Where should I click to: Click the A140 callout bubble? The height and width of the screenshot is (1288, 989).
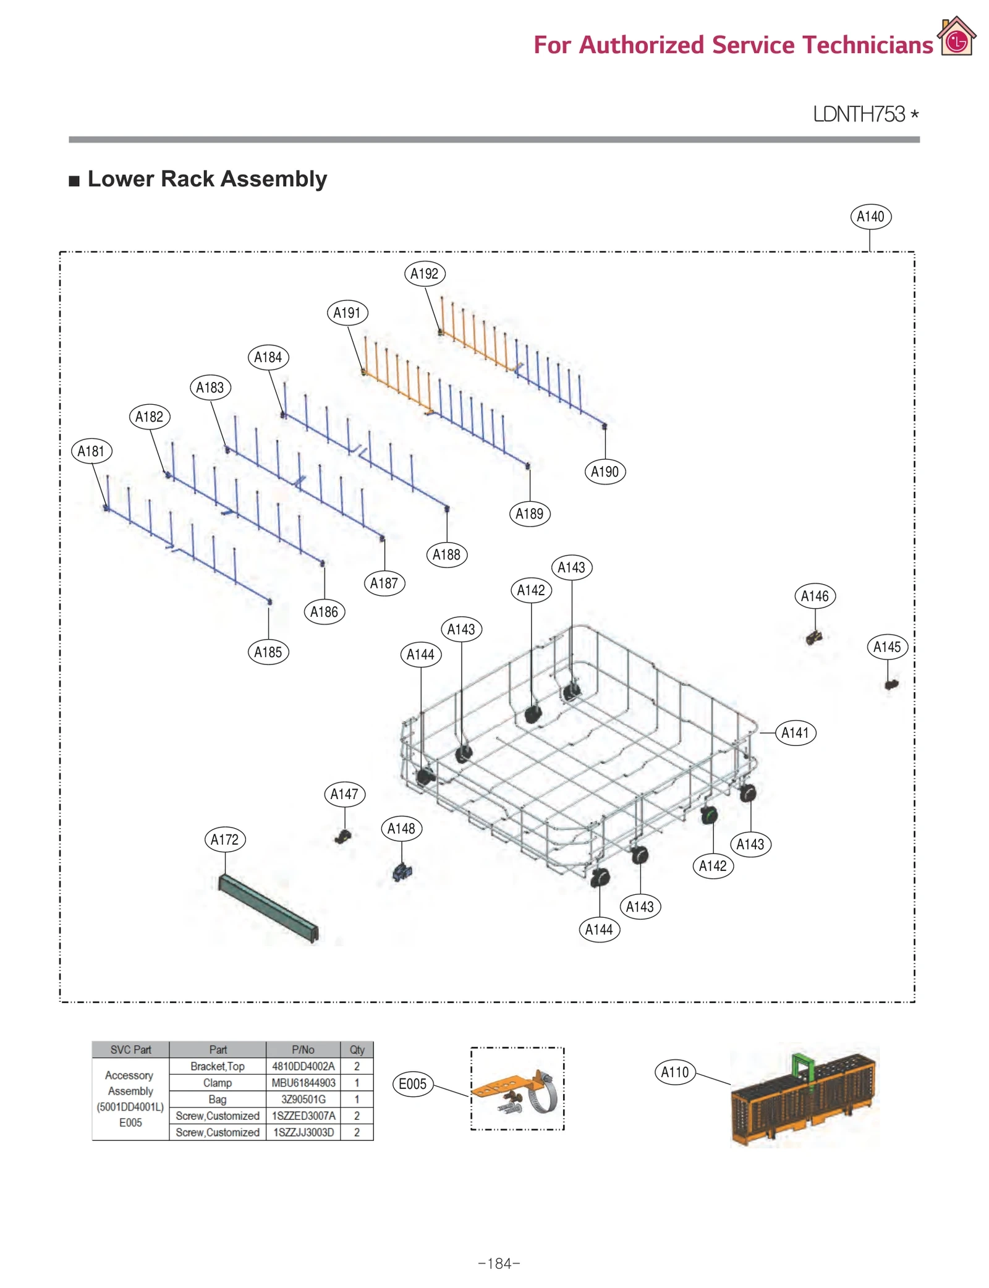pos(870,216)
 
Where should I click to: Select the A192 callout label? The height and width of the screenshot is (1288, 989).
pos(424,273)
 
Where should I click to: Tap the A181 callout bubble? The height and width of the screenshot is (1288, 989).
pos(91,451)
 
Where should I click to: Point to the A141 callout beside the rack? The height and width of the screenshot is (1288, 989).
pos(795,732)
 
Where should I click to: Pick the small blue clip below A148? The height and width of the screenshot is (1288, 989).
pos(402,872)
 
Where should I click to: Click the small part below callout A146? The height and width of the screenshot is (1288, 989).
pos(814,637)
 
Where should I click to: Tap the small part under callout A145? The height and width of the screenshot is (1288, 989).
pos(891,684)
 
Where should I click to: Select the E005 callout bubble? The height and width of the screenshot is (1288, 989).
pos(412,1083)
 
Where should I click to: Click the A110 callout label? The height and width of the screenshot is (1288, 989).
pos(674,1072)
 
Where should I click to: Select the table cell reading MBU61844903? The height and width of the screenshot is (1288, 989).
pos(303,1083)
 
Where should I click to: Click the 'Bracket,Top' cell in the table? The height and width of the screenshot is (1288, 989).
pos(218,1066)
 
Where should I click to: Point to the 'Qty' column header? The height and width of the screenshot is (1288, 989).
pos(357,1049)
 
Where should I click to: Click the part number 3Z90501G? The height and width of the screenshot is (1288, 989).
pos(303,1099)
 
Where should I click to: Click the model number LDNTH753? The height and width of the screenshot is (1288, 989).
pos(859,114)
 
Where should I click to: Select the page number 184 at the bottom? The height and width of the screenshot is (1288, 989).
pos(499,1263)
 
